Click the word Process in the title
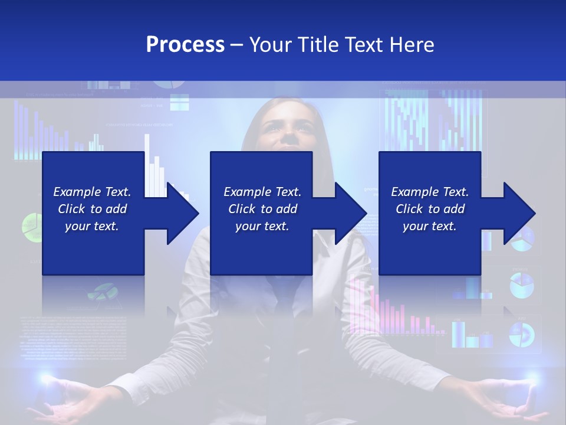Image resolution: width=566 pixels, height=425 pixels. coord(185,44)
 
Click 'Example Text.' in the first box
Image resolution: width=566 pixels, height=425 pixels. coord(92,192)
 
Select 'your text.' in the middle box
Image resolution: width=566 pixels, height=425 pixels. coord(262,226)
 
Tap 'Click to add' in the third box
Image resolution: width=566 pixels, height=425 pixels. coord(430,209)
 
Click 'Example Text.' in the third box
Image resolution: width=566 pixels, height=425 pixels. coord(430,192)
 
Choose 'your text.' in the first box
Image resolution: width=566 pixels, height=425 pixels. coord(92,226)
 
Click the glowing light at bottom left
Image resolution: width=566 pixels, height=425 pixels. coord(44,378)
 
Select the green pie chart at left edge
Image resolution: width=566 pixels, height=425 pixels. coord(29,224)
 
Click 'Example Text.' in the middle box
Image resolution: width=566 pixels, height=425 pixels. coord(262,192)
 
